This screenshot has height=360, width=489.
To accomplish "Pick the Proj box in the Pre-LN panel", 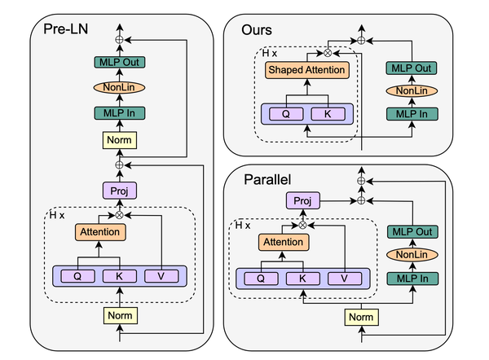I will pyautogui.click(x=121, y=190).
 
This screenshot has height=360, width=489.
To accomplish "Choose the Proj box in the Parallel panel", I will pyautogui.click(x=303, y=201).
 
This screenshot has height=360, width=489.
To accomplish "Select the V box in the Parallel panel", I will pyautogui.click(x=346, y=279).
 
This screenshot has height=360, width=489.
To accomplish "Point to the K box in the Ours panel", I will pyautogui.click(x=328, y=112).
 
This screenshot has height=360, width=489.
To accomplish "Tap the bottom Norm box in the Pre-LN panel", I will pyautogui.click(x=121, y=314).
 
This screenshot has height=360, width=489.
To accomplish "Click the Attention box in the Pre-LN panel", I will pyautogui.click(x=100, y=233).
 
